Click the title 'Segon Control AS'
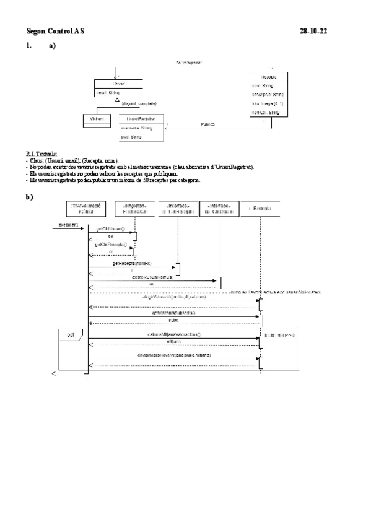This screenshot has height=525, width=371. [56, 30]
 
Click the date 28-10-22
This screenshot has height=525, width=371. [313, 30]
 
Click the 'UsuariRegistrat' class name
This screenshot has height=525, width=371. [141, 118]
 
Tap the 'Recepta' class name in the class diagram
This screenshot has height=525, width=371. [268, 76]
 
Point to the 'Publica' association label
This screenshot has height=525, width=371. [207, 124]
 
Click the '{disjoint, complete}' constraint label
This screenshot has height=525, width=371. [139, 103]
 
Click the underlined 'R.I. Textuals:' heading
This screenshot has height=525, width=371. [41, 153]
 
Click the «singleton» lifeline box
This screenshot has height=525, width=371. [134, 208]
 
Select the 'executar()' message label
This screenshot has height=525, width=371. [68, 224]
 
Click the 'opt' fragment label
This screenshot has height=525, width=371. [71, 335]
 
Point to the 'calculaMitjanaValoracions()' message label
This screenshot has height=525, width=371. [174, 334]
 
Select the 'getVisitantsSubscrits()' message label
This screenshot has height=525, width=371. [173, 313]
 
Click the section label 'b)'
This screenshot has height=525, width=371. [29, 197]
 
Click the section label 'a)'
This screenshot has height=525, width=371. [51, 45]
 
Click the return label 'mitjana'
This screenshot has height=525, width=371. [173, 341]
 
